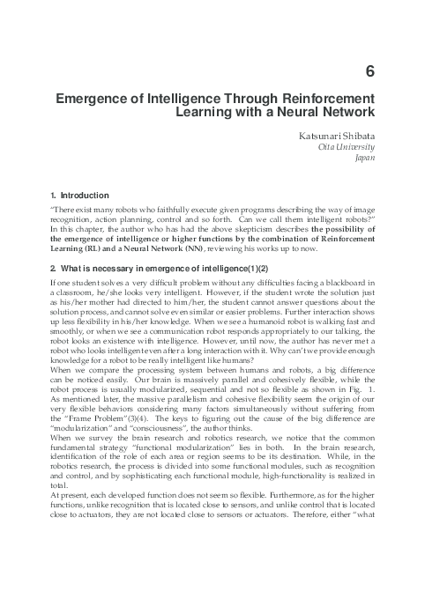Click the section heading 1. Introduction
pos(80,195)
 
